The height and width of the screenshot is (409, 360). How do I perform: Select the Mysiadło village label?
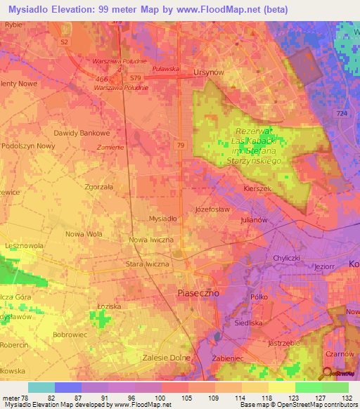coord(163,219)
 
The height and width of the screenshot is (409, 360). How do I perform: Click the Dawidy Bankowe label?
coord(82,132)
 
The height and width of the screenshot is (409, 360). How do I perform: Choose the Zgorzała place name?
coord(98,188)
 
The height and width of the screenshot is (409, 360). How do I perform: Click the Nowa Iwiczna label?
coord(151,240)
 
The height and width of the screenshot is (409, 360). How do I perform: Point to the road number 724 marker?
coord(342,113)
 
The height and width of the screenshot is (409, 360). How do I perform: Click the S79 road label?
coord(136,77)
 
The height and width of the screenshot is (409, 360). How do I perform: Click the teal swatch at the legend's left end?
coord(41,387)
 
